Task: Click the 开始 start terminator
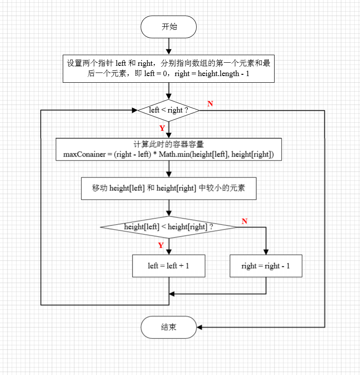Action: (x=169, y=27)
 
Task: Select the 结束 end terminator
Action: (x=169, y=327)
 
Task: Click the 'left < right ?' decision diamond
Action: (x=169, y=110)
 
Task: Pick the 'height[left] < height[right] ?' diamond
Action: (x=169, y=227)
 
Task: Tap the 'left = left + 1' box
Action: (x=169, y=266)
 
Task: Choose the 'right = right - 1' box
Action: (x=266, y=266)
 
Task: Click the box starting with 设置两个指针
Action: (x=169, y=69)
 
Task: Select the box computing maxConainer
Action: (x=169, y=149)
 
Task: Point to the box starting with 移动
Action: (x=169, y=188)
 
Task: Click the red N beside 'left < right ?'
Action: (x=210, y=104)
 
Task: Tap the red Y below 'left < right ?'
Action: (x=162, y=128)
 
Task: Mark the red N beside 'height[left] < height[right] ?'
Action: (x=244, y=221)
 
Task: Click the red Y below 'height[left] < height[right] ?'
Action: (x=161, y=245)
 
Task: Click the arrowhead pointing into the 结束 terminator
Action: (x=199, y=327)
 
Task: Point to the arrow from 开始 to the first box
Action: (x=169, y=46)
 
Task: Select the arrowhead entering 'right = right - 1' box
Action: (x=266, y=251)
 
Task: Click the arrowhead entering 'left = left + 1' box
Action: (x=169, y=251)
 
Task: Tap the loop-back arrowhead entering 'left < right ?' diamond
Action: (x=134, y=110)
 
